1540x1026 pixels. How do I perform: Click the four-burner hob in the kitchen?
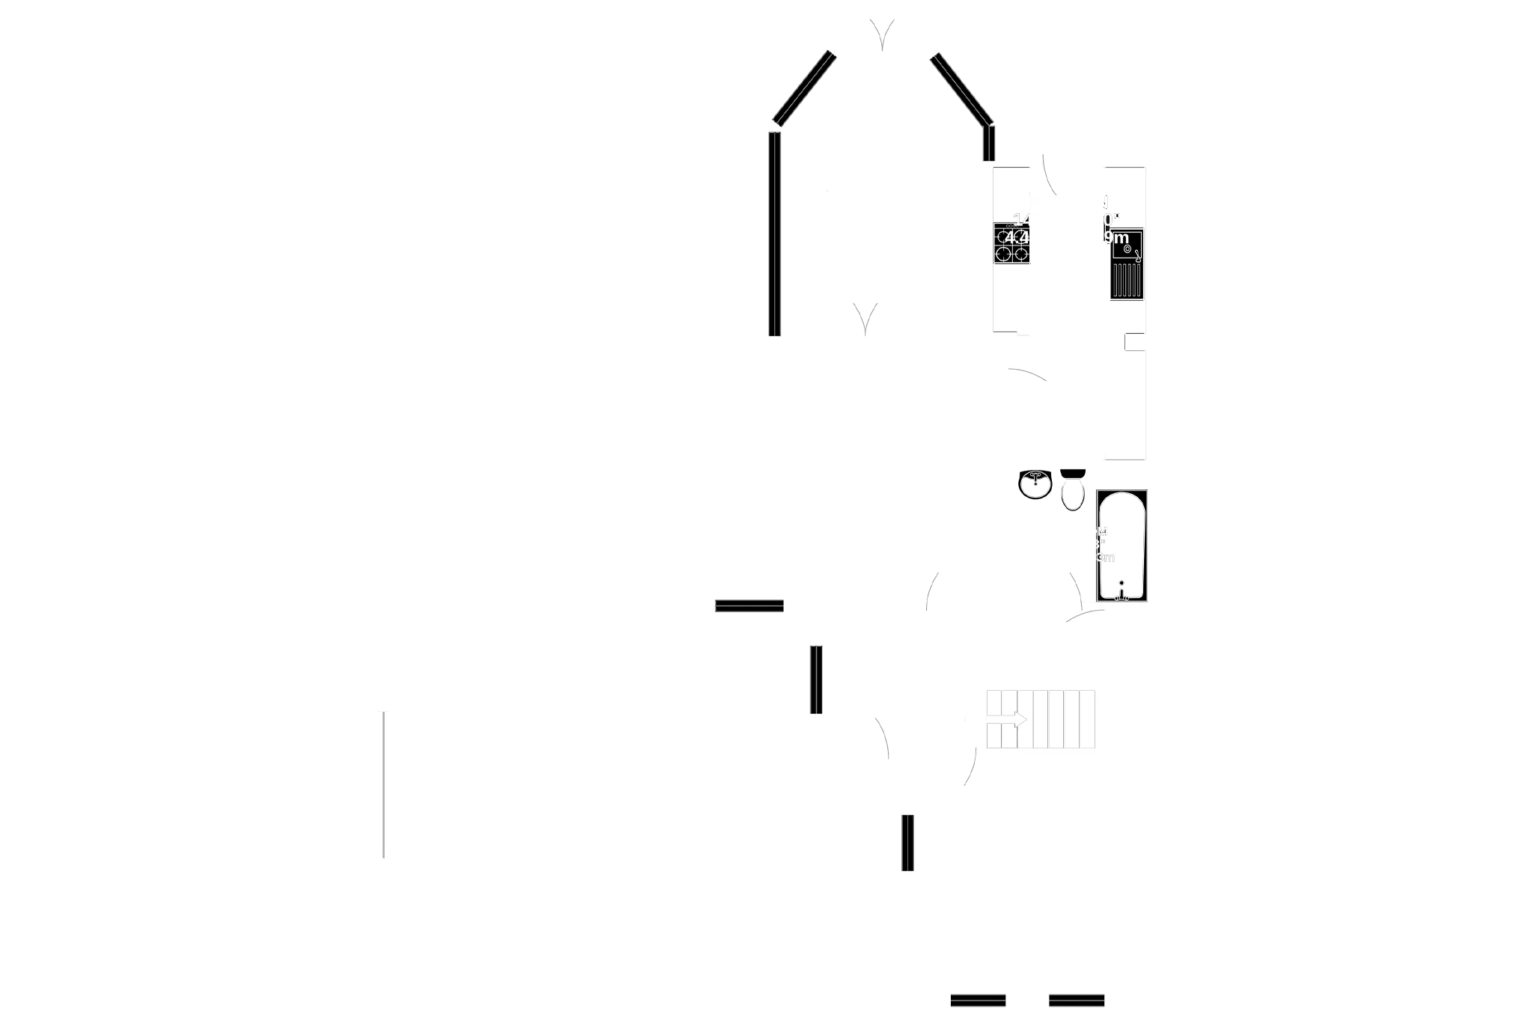(x=1012, y=245)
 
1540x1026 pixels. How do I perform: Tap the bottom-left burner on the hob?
(x=1004, y=254)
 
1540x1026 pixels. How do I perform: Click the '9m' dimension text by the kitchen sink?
(x=1116, y=239)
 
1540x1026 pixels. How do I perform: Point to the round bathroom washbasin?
(x=1035, y=485)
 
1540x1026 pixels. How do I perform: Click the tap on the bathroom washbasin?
(x=1035, y=475)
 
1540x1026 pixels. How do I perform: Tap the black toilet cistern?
(x=1074, y=474)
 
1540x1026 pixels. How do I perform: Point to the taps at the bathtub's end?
(x=1121, y=592)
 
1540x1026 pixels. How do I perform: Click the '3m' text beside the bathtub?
(x=1105, y=558)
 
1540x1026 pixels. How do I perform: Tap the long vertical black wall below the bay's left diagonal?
(x=775, y=232)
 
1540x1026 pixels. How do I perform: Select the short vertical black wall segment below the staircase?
(x=907, y=843)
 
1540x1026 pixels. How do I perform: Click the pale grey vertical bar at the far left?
(x=383, y=784)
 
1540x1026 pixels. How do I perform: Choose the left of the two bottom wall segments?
(x=978, y=1001)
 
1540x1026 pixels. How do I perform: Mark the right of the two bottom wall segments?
(x=1077, y=1001)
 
